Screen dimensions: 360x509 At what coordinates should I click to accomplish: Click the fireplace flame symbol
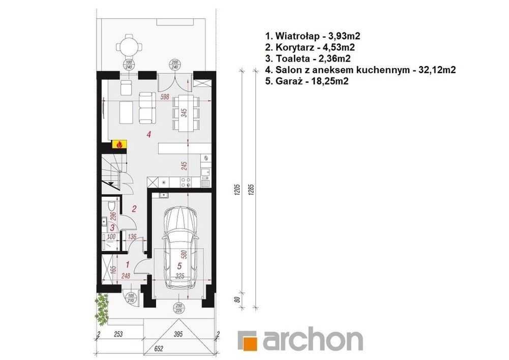coord(120,145)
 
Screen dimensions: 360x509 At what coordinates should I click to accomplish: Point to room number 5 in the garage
coord(179,265)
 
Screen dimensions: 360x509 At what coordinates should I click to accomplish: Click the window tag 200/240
coord(175,65)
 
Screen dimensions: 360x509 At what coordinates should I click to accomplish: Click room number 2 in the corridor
coord(134,208)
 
